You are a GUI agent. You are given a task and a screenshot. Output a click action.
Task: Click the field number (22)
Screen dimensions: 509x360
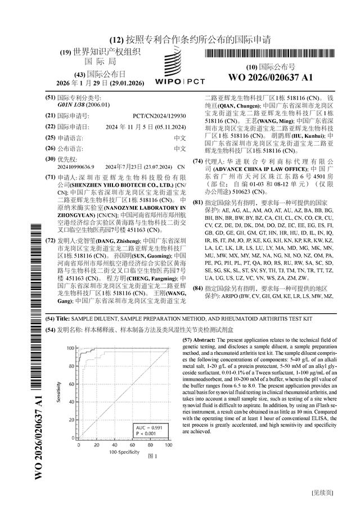click(x=50, y=126)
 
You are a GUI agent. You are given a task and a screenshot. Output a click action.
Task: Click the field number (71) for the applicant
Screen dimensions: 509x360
click(x=50, y=177)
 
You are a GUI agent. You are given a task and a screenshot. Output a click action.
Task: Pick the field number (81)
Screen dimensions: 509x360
click(x=197, y=201)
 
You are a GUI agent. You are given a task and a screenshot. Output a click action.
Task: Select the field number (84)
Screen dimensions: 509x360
click(x=197, y=288)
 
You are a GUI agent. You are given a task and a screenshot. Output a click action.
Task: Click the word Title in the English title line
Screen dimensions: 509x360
click(x=63, y=318)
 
